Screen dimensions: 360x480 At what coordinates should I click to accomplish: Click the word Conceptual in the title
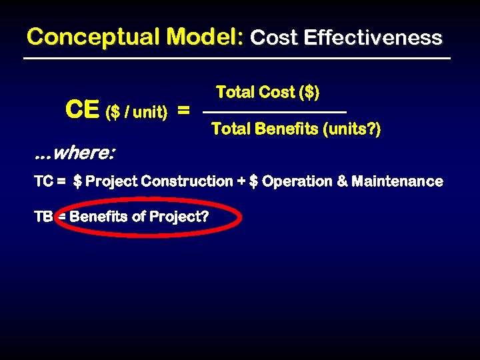point(90,37)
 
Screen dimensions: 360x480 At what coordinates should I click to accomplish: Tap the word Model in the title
point(201,37)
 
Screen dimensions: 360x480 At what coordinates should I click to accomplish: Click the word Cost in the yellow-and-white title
point(273,37)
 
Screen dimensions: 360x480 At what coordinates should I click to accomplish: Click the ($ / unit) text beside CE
point(137,112)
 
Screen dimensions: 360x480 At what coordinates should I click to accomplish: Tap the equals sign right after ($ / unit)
point(183,110)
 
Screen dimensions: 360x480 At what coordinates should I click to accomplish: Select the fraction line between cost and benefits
point(274,111)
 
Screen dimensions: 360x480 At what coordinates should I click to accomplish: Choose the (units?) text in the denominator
point(351,129)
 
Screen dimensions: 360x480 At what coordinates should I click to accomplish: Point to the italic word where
point(83,153)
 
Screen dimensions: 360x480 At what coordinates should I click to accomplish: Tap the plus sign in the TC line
point(241,181)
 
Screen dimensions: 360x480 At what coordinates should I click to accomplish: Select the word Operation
point(297,181)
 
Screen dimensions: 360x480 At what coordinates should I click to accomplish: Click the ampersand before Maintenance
point(343,181)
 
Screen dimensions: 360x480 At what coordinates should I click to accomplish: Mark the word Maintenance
point(397,181)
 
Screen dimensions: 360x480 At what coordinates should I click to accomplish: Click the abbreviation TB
point(43,217)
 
